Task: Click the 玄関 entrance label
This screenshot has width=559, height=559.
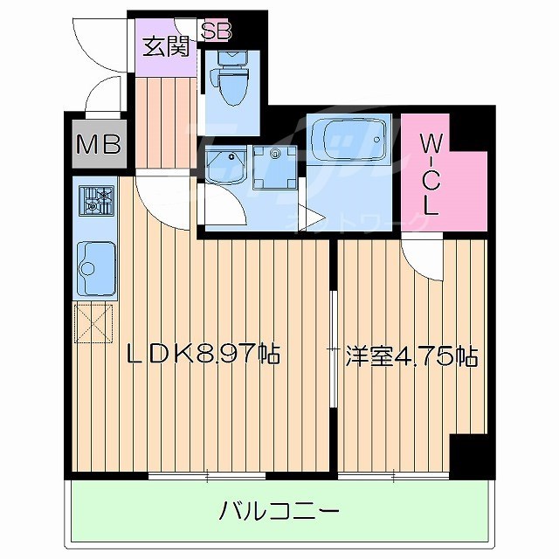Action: click(165, 47)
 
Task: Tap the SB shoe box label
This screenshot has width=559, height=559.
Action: click(216, 31)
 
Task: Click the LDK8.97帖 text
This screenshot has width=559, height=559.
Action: click(204, 355)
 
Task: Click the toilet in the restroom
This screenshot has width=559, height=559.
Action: click(233, 80)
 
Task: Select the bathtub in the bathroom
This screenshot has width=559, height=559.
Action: click(348, 137)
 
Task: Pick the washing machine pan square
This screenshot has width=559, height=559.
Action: click(276, 169)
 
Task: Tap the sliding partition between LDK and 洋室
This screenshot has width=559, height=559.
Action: click(333, 349)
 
